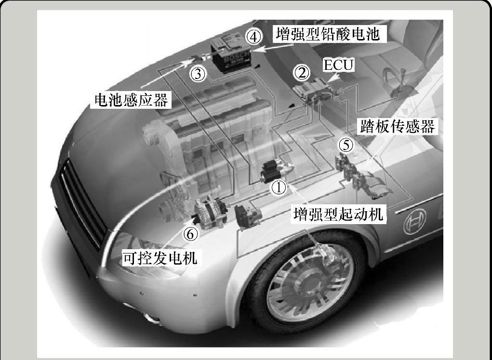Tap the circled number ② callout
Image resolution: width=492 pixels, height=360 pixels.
(302, 73)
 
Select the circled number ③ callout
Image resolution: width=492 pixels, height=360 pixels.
(198, 74)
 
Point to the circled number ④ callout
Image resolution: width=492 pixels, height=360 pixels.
(255, 37)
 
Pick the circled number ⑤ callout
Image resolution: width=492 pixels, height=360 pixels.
(346, 144)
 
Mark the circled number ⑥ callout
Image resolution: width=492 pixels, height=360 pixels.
(191, 234)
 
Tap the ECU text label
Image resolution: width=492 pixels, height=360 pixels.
(338, 65)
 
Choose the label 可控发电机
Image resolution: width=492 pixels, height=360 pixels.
(160, 258)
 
